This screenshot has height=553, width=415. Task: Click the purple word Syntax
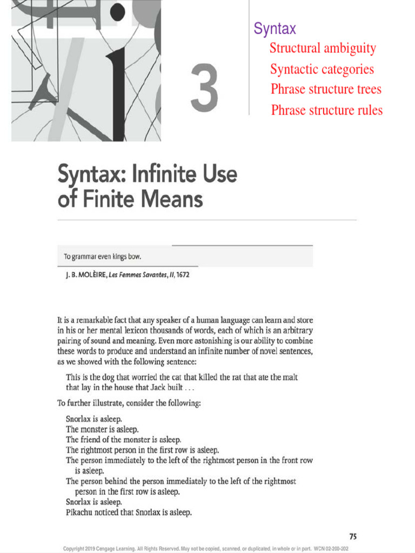[275, 29]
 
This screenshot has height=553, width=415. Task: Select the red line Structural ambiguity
[323, 48]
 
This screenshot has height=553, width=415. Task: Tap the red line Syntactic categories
[322, 70]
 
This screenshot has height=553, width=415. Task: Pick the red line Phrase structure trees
[326, 89]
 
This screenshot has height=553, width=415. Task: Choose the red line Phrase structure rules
[326, 111]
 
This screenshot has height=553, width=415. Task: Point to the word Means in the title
[172, 199]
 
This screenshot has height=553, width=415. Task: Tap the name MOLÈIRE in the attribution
[90, 275]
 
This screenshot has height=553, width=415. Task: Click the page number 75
[353, 536]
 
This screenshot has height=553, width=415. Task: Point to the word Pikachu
[80, 512]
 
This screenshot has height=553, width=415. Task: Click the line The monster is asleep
[103, 429]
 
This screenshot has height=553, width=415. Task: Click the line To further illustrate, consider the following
[129, 402]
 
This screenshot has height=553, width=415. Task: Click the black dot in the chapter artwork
[117, 11]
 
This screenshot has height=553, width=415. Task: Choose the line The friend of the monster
[123, 440]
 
